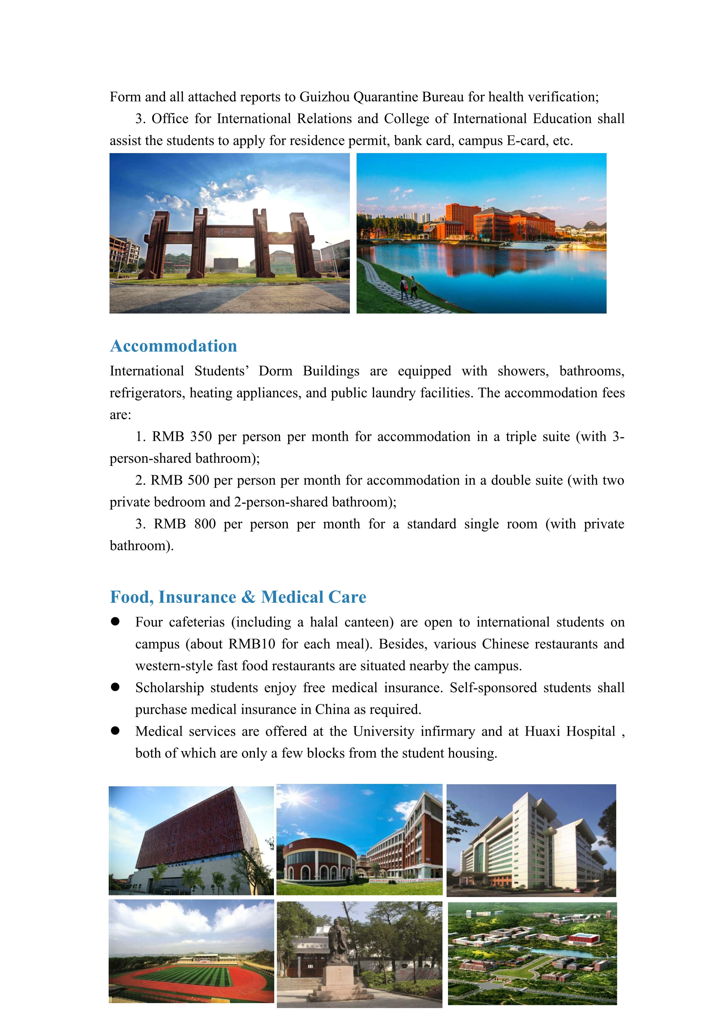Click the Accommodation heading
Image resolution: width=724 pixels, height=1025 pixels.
[173, 346]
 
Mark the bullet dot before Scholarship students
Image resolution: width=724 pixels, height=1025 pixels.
[115, 687]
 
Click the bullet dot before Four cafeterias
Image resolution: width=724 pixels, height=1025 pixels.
[115, 621]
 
